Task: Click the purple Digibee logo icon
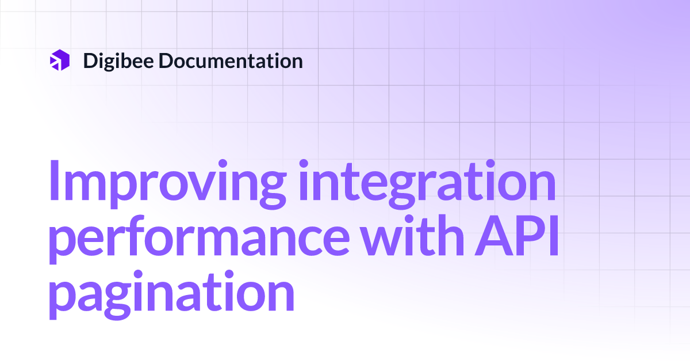[x=60, y=60]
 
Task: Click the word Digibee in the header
[x=118, y=60]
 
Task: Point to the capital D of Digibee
[x=91, y=60]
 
